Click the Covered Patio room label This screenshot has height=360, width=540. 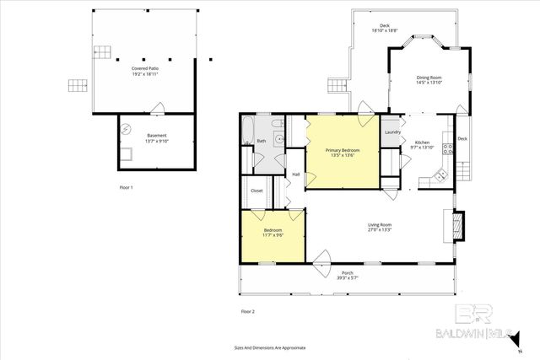[x=146, y=67]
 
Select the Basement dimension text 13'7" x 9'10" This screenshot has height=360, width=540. [x=157, y=142]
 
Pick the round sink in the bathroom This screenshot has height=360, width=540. [x=287, y=140]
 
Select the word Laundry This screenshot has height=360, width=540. [x=391, y=132]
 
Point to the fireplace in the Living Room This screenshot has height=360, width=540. [x=456, y=223]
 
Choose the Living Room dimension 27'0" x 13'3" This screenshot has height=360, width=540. [x=380, y=229]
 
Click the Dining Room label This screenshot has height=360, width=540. [x=429, y=78]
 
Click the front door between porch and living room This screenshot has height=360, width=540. [x=321, y=261]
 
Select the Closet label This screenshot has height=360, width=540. [x=256, y=191]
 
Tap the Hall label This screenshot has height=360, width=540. [x=296, y=175]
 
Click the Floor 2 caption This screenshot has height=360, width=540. [x=248, y=312]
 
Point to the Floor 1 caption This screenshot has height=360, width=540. [x=127, y=186]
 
